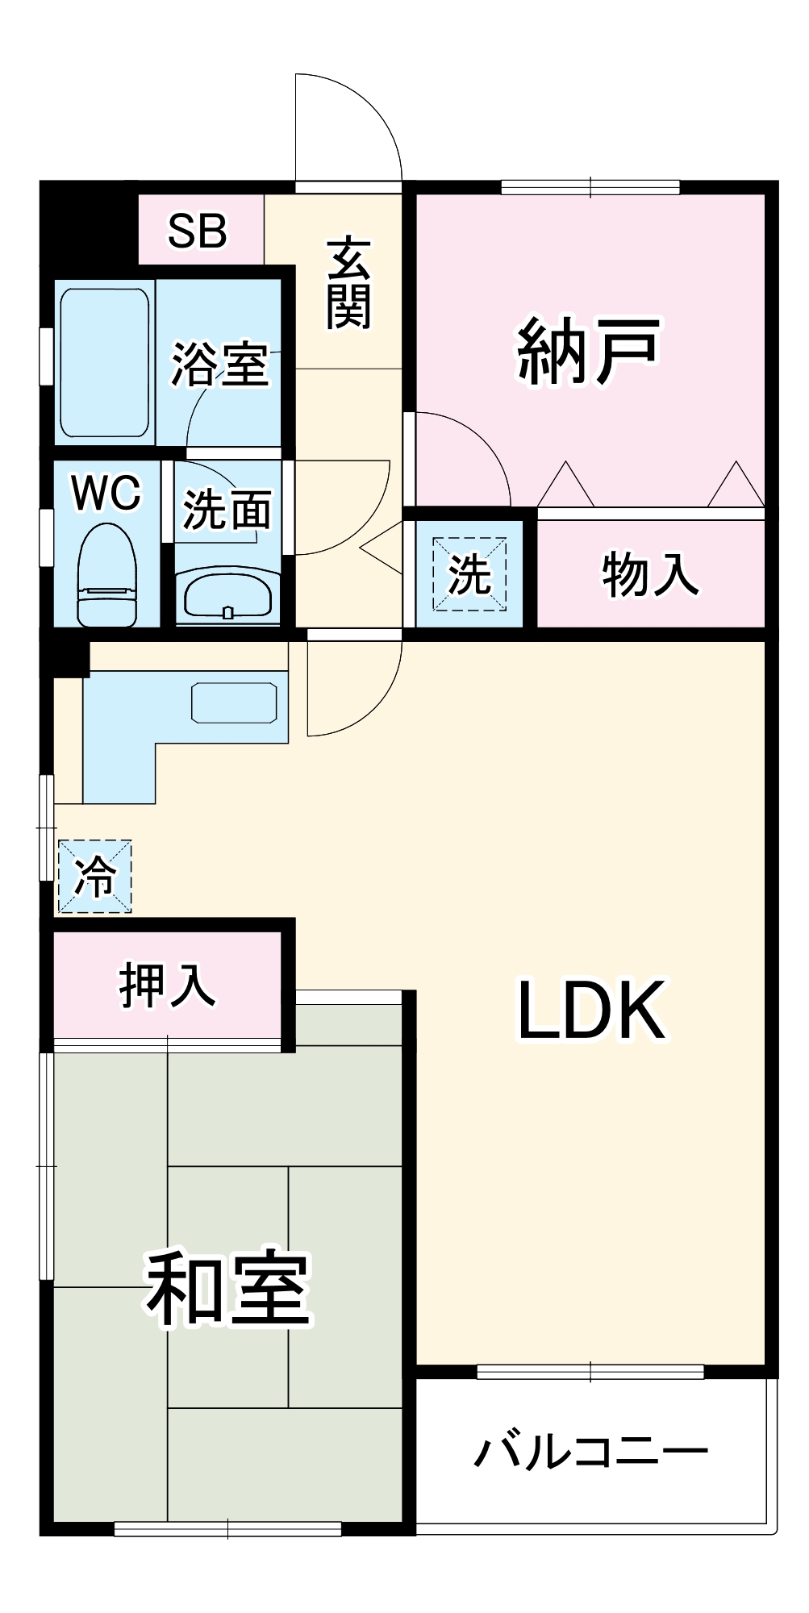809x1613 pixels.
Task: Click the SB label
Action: [x=198, y=231]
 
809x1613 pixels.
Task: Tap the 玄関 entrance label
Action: [x=348, y=283]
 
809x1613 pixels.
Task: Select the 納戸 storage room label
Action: [x=588, y=352]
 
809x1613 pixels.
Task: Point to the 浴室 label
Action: [x=219, y=364]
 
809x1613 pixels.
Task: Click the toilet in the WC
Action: [x=107, y=574]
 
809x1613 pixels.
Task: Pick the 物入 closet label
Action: [x=650, y=575]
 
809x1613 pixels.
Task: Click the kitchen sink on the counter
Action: [x=234, y=702]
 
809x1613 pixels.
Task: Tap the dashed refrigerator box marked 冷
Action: [x=94, y=877]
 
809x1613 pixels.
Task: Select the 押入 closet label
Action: [x=167, y=985]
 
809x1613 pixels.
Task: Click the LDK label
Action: [x=591, y=1011]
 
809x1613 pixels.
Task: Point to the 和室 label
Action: [x=227, y=1289]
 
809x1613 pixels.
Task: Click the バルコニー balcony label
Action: [x=591, y=1452]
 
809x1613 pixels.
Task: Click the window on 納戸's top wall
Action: [x=590, y=187]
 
